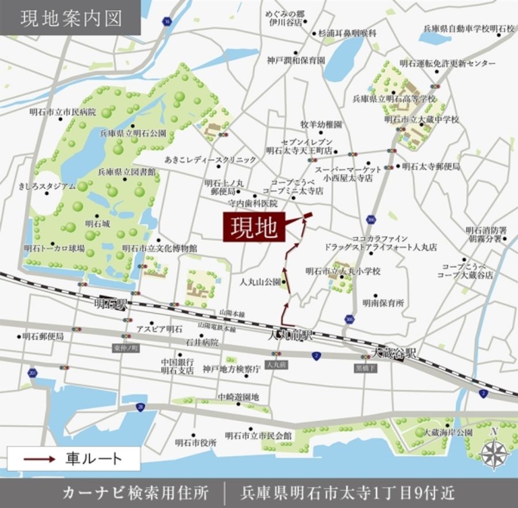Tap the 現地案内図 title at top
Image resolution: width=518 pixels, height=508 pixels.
point(71,18)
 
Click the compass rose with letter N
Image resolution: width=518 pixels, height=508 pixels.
point(495,452)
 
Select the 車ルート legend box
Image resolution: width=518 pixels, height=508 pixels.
point(74,459)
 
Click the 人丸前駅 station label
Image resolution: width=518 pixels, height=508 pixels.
point(290,335)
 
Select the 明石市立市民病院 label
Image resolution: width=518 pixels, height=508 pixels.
point(63,111)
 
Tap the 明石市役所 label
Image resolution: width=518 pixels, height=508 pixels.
point(196,443)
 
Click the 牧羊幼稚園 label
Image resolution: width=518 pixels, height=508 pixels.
point(321,124)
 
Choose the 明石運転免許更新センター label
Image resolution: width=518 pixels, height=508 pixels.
point(448,63)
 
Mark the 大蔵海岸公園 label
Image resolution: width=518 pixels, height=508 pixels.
point(448,433)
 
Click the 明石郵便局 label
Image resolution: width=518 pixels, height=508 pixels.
point(43,336)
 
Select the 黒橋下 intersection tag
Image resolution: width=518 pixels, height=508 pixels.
point(366,368)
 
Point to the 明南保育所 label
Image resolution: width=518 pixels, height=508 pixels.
point(383,302)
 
